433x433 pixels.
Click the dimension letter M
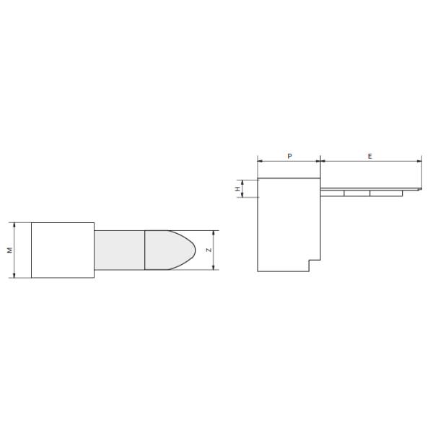pyautogui.click(x=10, y=250)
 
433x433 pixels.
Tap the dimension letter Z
pyautogui.click(x=209, y=250)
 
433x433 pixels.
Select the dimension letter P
pyautogui.click(x=289, y=157)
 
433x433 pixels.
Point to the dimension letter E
pyautogui.click(x=370, y=157)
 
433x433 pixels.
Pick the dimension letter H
pyautogui.click(x=237, y=189)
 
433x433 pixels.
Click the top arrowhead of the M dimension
pyautogui.click(x=14, y=225)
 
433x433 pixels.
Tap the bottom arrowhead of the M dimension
pyautogui.click(x=14, y=275)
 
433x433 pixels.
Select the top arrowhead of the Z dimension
pyautogui.click(x=213, y=233)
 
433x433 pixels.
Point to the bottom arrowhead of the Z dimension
pyautogui.click(x=213, y=267)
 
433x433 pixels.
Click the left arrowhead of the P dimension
pyautogui.click(x=260, y=161)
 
